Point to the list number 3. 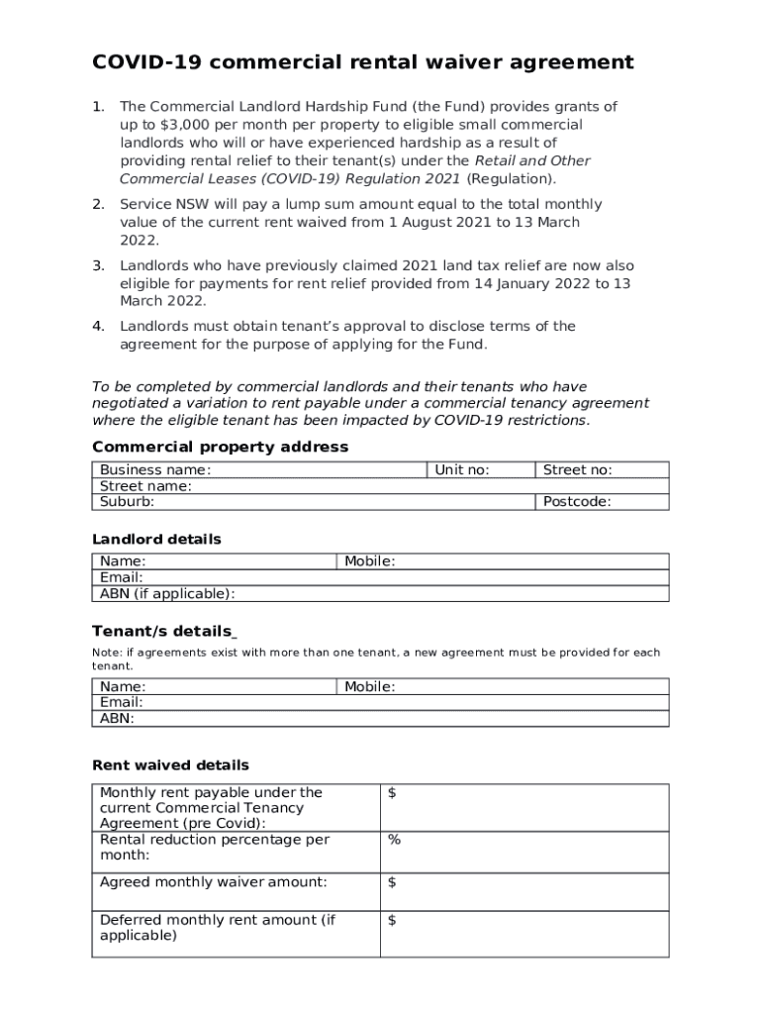(x=98, y=265)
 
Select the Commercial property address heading (x=220, y=447)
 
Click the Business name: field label (x=155, y=470)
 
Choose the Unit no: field (x=462, y=470)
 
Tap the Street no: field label (x=578, y=470)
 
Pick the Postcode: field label (x=577, y=502)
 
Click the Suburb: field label (x=128, y=502)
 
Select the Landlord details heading (x=156, y=540)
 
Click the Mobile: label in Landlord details (x=370, y=561)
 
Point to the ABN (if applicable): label (x=167, y=594)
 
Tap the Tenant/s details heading (x=163, y=632)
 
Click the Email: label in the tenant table (x=122, y=702)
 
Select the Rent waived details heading (x=170, y=765)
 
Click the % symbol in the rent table (x=394, y=840)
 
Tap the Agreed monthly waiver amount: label (x=214, y=882)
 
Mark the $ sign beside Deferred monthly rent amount (x=392, y=920)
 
